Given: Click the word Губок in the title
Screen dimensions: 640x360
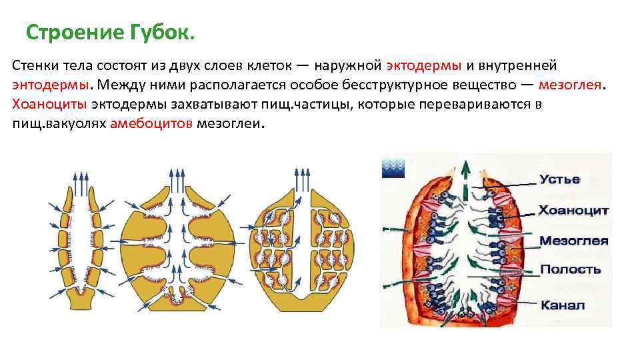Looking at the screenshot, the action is point(160,32).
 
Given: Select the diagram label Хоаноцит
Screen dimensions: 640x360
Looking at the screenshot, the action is point(573,210).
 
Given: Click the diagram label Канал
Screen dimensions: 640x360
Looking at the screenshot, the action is point(562,305).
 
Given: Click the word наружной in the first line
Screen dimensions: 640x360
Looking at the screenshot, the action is point(348,66).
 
